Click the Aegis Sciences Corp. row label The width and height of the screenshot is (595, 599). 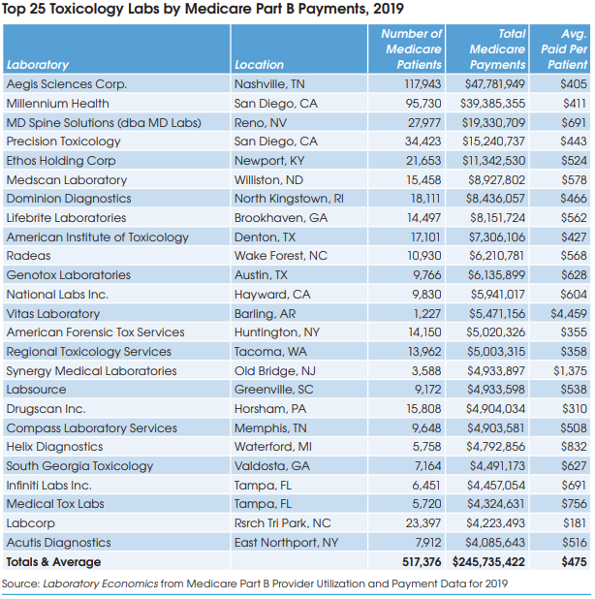[66, 84]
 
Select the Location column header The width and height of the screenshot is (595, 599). [259, 65]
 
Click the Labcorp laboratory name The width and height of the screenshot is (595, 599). [30, 524]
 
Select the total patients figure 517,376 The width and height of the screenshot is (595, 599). [416, 562]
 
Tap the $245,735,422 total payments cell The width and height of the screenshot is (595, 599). [487, 562]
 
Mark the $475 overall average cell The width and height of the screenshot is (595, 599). [573, 562]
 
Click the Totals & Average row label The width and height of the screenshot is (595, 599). [53, 562]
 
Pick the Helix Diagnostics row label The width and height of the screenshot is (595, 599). [54, 448]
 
